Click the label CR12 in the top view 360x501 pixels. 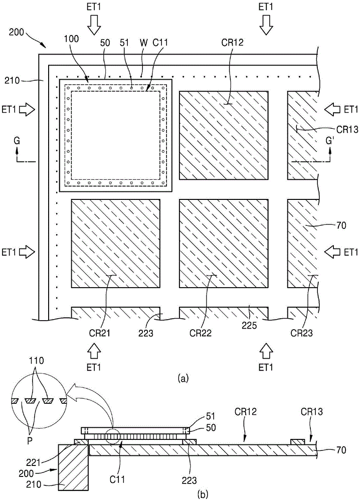click(232, 43)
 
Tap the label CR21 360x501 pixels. click(100, 333)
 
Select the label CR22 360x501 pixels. click(201, 333)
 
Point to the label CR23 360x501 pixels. click(301, 333)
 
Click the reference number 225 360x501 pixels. click(249, 325)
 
